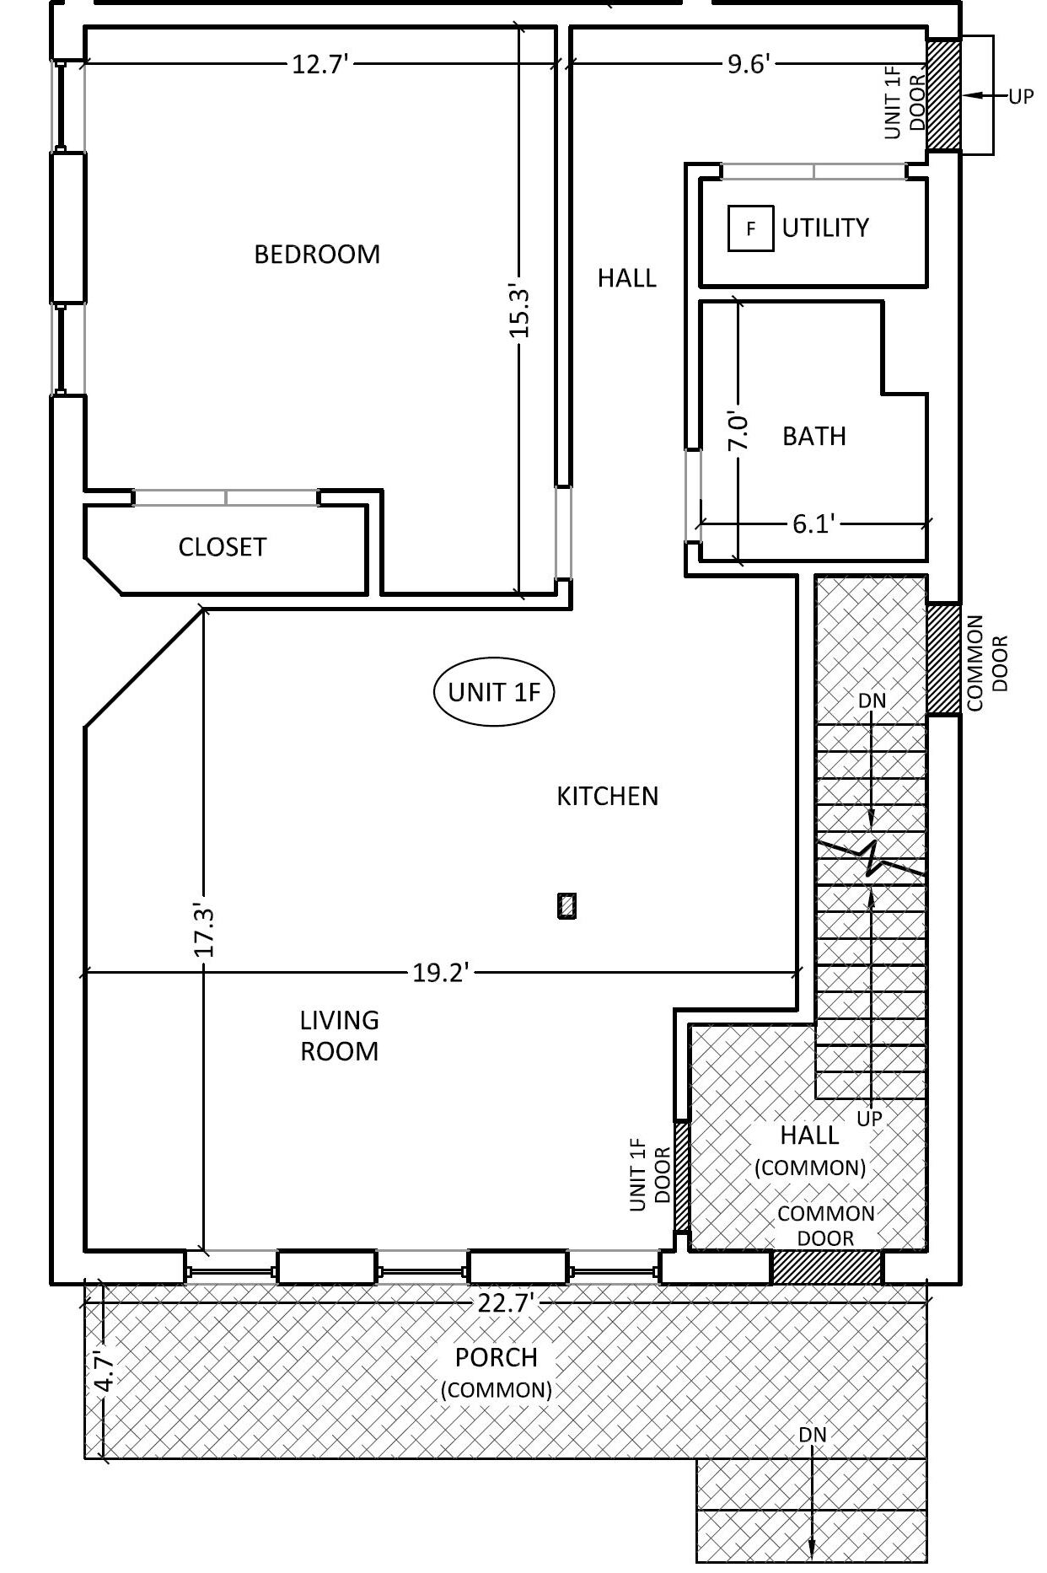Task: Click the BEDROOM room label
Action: click(x=317, y=254)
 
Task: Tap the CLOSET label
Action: click(x=222, y=547)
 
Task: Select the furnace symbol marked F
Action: click(x=750, y=228)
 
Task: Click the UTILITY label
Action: click(x=824, y=228)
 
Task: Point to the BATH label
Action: click(x=813, y=436)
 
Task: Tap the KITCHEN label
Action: click(x=607, y=796)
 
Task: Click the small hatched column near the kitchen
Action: click(x=567, y=905)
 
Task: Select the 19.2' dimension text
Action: click(x=439, y=974)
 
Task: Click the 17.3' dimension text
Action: click(x=205, y=931)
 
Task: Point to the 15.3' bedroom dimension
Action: click(x=519, y=313)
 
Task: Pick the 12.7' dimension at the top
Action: click(x=320, y=64)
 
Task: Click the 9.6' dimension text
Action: click(x=749, y=64)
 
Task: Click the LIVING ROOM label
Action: click(x=339, y=1035)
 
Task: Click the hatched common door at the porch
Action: click(x=826, y=1267)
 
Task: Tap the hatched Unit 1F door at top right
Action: click(x=943, y=94)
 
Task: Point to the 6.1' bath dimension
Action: click(x=813, y=524)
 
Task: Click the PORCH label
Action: click(x=496, y=1357)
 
